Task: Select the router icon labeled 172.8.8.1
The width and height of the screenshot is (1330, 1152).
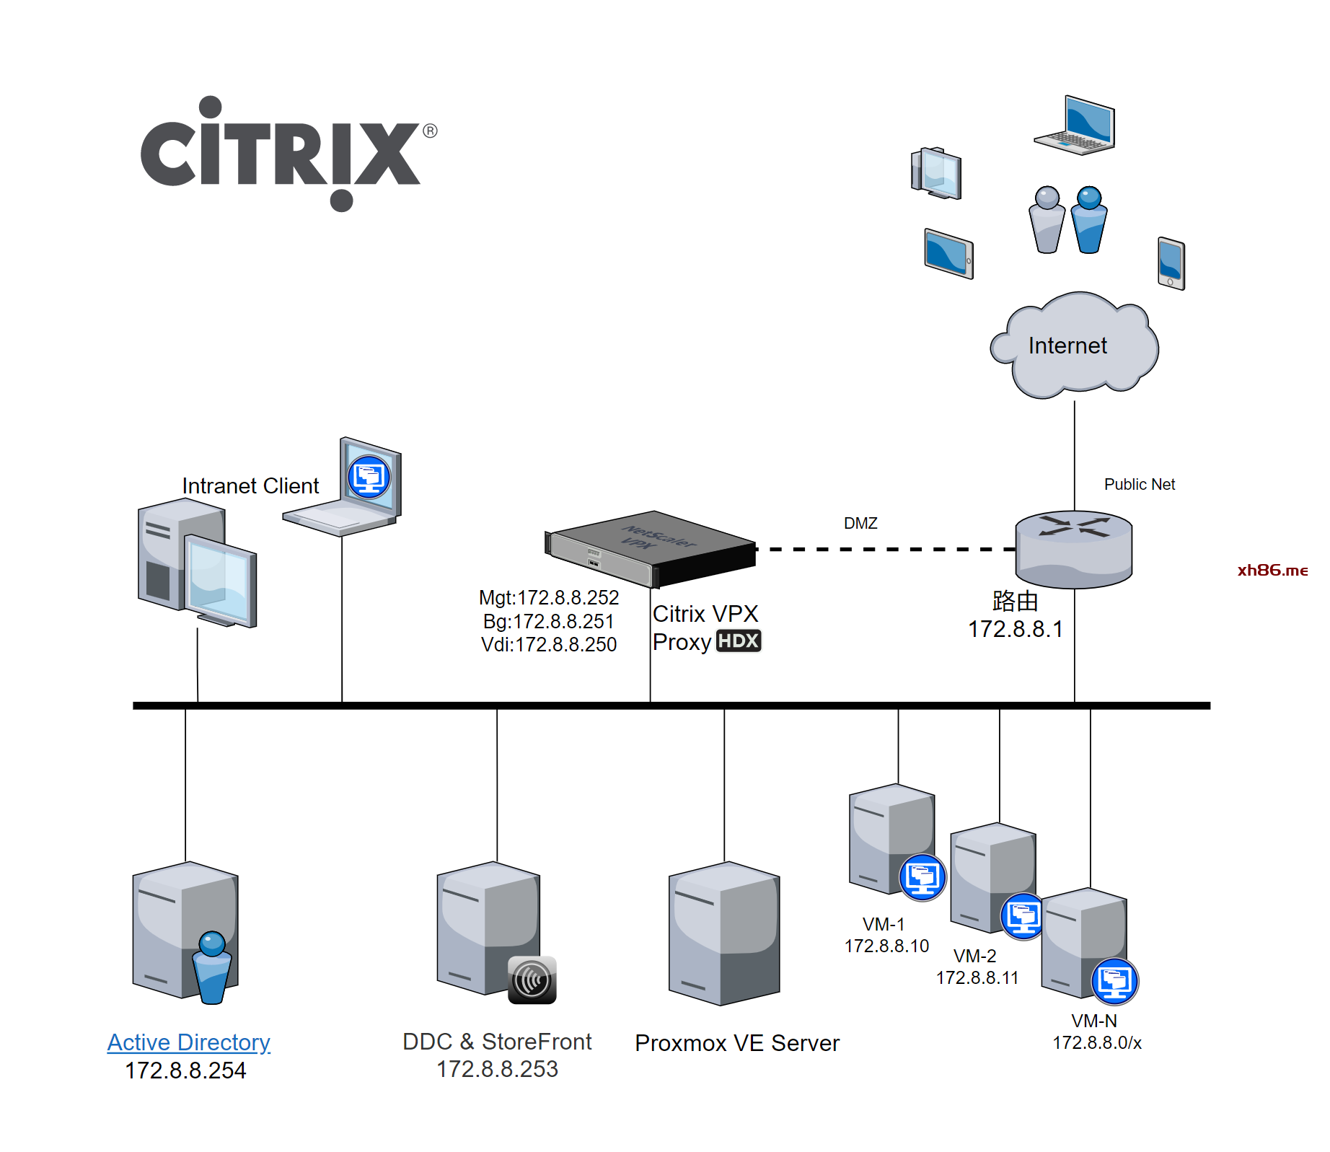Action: (1073, 548)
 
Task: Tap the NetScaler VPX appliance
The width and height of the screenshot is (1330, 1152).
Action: (649, 548)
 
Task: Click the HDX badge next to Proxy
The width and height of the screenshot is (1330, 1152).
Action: (738, 641)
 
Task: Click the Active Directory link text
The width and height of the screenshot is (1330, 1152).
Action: (188, 1042)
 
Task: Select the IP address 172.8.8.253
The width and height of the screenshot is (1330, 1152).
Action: (497, 1069)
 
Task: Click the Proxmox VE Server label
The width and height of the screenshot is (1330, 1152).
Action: (736, 1043)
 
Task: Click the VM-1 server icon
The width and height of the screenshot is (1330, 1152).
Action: (891, 837)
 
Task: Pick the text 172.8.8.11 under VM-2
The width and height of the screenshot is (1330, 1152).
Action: (977, 978)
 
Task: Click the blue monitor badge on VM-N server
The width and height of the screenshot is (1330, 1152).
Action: (1114, 981)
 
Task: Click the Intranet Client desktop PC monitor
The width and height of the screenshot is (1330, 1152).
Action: (220, 581)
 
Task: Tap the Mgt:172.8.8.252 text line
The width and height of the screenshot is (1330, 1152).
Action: (548, 598)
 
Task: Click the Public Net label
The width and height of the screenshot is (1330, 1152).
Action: (1139, 485)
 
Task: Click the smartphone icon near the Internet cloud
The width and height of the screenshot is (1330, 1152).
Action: (1171, 263)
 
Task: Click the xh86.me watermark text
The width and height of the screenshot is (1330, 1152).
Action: (1272, 571)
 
